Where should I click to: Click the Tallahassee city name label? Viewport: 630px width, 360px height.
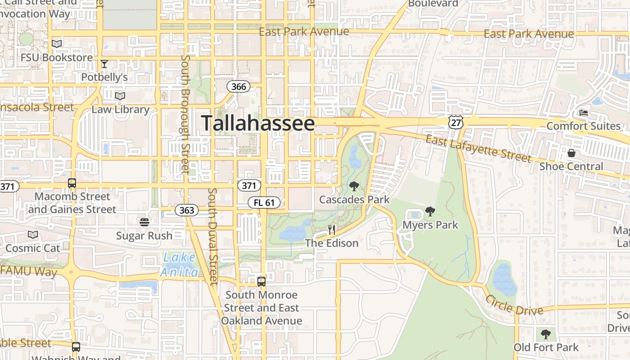tap(258, 123)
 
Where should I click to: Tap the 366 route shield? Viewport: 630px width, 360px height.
tap(238, 86)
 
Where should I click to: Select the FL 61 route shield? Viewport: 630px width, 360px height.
tap(264, 202)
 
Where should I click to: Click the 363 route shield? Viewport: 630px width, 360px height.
tap(186, 210)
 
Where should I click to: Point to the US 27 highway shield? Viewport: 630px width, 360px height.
tap(455, 122)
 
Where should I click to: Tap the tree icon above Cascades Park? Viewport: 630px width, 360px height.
tap(354, 186)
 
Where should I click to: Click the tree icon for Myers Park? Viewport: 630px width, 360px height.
tap(430, 211)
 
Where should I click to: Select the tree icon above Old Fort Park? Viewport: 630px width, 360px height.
tap(546, 334)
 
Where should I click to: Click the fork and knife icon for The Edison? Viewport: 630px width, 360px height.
tap(332, 230)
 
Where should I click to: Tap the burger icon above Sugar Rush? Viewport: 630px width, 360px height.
tap(144, 222)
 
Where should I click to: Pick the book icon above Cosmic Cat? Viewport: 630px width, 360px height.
tap(33, 234)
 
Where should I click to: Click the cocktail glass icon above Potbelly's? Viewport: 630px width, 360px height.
tap(104, 64)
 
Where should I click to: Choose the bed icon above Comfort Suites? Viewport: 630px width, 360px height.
tap(584, 112)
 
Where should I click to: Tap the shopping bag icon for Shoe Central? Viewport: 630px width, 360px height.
tap(571, 153)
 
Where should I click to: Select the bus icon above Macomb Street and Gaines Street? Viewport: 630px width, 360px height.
tap(72, 183)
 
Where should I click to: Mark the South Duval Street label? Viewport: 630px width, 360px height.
tap(212, 236)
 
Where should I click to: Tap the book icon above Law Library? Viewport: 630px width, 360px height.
tap(120, 96)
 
